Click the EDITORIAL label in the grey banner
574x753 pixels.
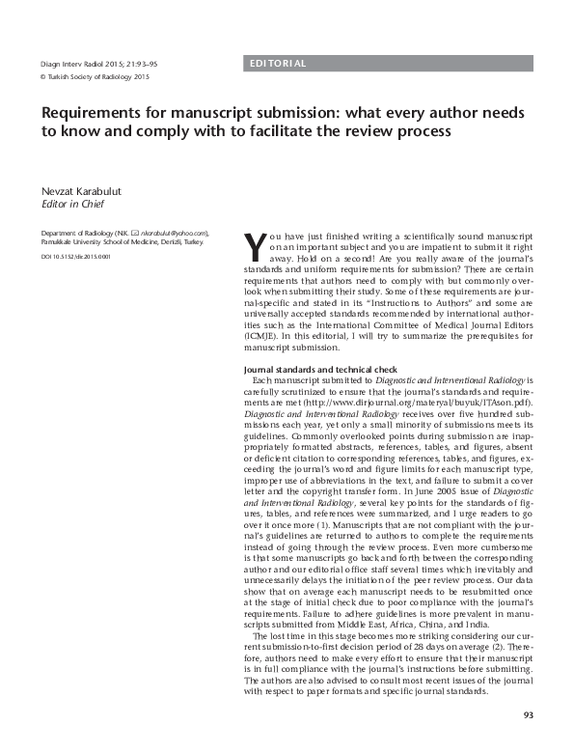[278, 64]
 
